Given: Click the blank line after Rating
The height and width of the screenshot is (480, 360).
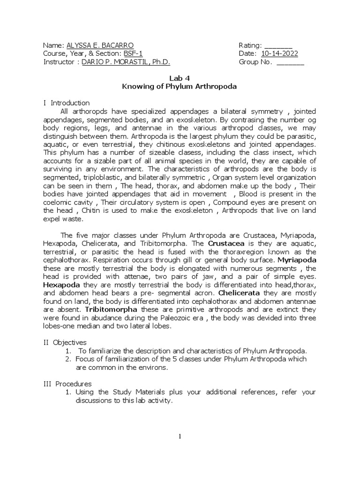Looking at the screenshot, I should [278, 45].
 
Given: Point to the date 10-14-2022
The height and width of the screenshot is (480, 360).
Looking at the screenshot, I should [280, 54].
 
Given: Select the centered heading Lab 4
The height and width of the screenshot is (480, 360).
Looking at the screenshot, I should [180, 78].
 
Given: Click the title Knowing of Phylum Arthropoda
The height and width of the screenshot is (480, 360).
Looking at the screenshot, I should [180, 87].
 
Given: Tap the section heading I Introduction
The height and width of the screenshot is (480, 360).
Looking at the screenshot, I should [66, 103].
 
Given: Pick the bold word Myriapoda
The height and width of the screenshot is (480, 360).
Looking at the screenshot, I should [297, 259].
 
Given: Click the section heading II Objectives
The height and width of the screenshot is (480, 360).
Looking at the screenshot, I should [64, 342].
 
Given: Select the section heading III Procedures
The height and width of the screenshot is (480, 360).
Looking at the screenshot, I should [67, 384].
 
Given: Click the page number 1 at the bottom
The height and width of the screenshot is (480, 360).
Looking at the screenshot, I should [180, 436].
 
